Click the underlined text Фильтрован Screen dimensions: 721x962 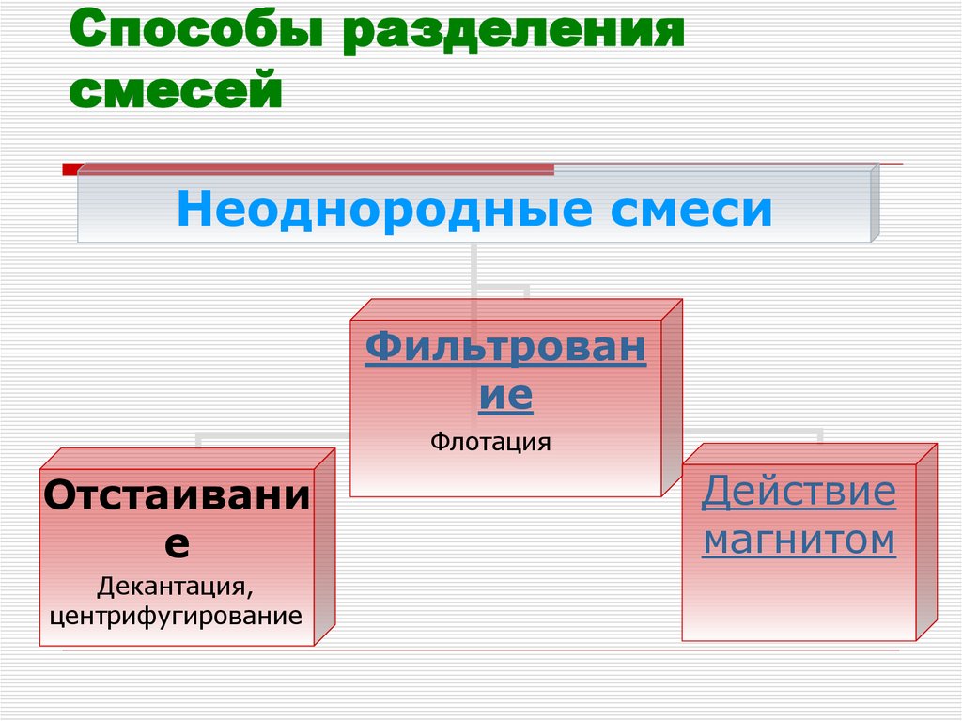click(505, 348)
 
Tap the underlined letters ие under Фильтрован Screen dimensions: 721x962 click(505, 396)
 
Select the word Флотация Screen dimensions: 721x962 click(490, 441)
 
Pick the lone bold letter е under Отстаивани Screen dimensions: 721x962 click(177, 543)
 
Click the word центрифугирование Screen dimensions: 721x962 click(177, 617)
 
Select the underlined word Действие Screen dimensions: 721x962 click(799, 493)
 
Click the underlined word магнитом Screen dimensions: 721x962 click(799, 541)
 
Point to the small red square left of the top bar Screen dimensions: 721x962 click(70, 169)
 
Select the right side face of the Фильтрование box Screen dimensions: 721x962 click(671, 399)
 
